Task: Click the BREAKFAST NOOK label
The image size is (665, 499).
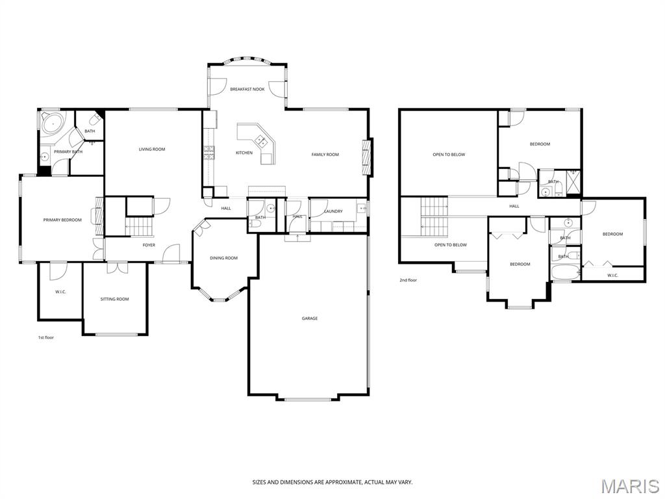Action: pos(247,89)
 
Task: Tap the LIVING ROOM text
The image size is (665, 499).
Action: pos(152,149)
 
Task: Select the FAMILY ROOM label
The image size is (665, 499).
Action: pos(325,155)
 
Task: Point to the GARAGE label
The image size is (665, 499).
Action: pos(310,318)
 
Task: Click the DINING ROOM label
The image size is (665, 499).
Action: pos(223,258)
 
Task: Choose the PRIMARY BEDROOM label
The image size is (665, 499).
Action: pos(62,220)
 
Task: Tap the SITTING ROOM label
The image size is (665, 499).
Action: pos(114,299)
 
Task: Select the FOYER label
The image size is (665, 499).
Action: pos(149,245)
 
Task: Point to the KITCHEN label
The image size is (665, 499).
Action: pos(244,153)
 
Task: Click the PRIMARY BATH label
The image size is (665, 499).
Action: pos(68,152)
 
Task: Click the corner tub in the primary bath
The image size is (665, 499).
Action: pos(51,123)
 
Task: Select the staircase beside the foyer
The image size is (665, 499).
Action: pos(140,226)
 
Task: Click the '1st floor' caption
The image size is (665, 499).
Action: pos(45,337)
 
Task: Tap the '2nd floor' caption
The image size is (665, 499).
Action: pos(408,280)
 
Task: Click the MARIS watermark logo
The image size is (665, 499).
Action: pos(629,486)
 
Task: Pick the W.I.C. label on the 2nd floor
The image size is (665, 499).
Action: pos(612,275)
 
